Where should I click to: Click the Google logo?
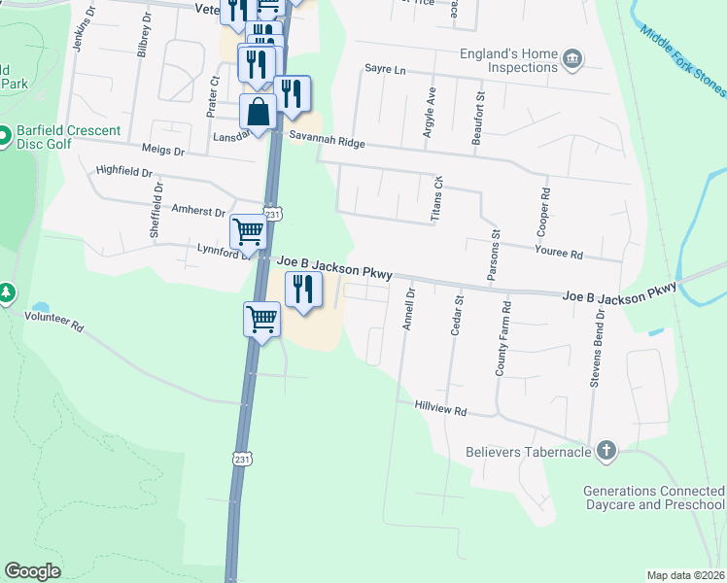33,570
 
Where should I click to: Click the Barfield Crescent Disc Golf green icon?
5,134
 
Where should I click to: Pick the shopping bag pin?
259,113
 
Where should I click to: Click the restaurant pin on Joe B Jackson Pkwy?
303,289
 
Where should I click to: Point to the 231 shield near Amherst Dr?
273,215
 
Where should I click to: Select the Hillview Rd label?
440,411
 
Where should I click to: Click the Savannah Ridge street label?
327,143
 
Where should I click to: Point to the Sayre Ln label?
384,69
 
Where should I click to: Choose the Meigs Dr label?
163,151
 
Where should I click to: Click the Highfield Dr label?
124,171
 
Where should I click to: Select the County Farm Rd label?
502,339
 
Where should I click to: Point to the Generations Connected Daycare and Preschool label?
653,498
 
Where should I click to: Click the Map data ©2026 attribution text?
686,575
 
